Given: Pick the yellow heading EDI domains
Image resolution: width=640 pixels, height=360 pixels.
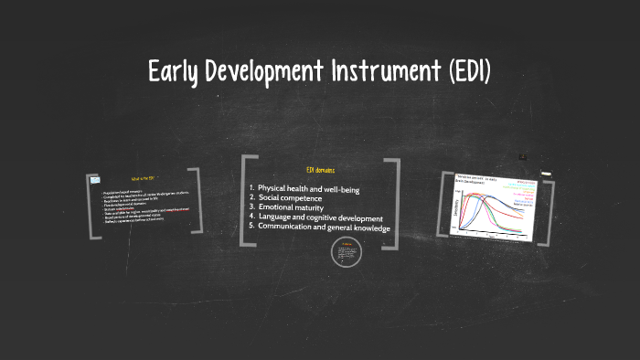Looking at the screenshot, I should point(320,171).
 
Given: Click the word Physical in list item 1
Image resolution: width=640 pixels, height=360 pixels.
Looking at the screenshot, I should point(275,189).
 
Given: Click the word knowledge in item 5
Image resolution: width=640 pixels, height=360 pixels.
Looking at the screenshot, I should point(366,228).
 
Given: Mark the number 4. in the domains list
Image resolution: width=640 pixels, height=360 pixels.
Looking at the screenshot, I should point(251,217).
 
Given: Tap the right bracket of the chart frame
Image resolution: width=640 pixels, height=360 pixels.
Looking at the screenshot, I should point(547,206).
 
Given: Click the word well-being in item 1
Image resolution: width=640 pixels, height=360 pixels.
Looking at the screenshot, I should point(366,189).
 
